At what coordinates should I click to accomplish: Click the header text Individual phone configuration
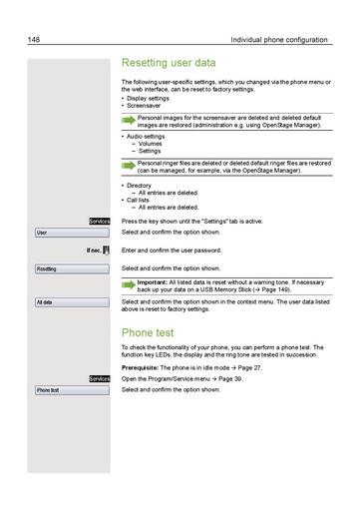278,39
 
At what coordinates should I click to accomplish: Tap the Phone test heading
148,331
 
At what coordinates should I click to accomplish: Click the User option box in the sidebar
73,233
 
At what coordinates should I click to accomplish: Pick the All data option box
73,301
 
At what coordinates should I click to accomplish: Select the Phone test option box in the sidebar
73,390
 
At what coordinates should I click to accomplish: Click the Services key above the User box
99,220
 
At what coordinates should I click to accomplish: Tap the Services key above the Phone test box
99,379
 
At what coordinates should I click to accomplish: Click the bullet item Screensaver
148,106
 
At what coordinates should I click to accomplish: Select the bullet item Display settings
151,99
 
